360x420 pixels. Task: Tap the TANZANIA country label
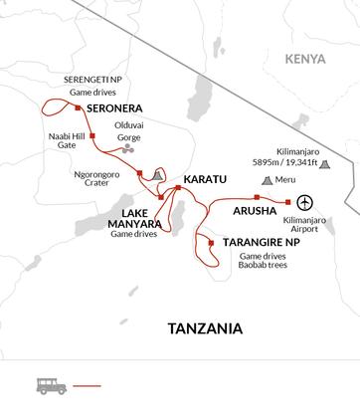[x=205, y=328]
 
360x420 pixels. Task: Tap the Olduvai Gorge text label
[x=135, y=132]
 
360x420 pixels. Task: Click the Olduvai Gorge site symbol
[x=126, y=148]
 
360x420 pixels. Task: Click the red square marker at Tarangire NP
[x=210, y=241]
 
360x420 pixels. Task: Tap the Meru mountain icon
[x=267, y=181]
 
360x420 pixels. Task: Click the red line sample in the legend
[x=89, y=386]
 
